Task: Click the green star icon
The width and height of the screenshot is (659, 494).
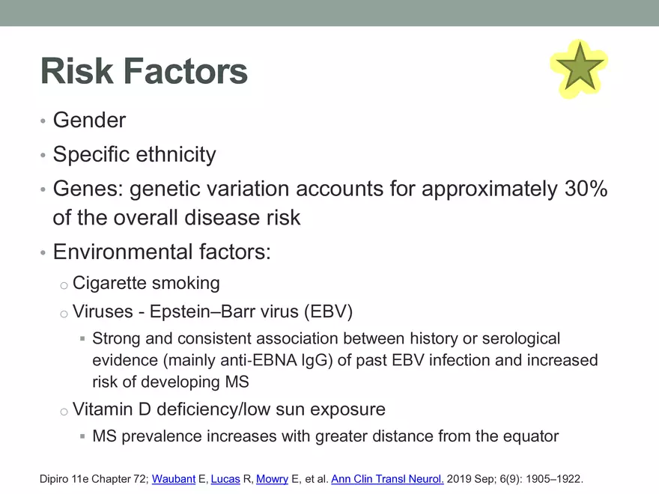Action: click(x=580, y=69)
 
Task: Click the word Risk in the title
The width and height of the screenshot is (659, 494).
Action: click(x=77, y=71)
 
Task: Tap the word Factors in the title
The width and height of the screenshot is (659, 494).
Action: click(x=186, y=71)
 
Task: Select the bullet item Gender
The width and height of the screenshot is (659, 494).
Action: click(x=89, y=121)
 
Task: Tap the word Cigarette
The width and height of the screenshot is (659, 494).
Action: click(x=109, y=283)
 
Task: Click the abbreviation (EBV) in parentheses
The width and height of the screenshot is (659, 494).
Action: click(x=328, y=311)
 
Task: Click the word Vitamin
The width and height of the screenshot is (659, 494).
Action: click(x=103, y=409)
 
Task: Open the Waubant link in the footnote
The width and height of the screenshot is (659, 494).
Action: click(x=174, y=479)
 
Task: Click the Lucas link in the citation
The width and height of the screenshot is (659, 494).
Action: click(x=225, y=479)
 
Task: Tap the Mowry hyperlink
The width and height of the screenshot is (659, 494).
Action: click(x=272, y=479)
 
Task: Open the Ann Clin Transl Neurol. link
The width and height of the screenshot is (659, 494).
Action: click(x=387, y=479)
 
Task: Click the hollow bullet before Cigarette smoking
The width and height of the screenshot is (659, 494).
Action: click(x=64, y=286)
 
